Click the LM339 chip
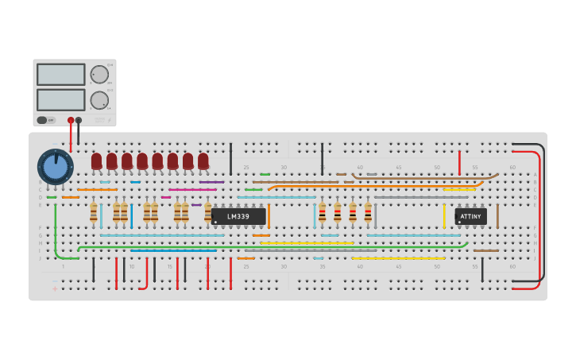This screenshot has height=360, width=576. pyautogui.click(x=238, y=216)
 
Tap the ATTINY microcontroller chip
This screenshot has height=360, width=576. pyautogui.click(x=470, y=215)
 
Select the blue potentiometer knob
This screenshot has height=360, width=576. pyautogui.click(x=55, y=167)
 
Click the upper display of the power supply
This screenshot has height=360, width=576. pyautogui.click(x=60, y=75)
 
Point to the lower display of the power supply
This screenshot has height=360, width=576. pyautogui.click(x=60, y=99)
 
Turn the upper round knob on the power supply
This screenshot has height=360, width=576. pyautogui.click(x=99, y=75)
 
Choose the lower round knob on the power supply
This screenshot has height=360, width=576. pyautogui.click(x=99, y=100)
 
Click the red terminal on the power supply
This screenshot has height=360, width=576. pyautogui.click(x=71, y=120)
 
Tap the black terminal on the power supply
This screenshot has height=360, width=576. pyautogui.click(x=79, y=120)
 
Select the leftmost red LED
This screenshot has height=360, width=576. pyautogui.click(x=97, y=161)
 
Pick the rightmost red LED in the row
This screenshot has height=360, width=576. pyautogui.click(x=203, y=161)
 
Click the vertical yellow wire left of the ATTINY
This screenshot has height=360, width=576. pyautogui.click(x=444, y=215)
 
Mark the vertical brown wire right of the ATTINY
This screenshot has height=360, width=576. pyautogui.click(x=497, y=215)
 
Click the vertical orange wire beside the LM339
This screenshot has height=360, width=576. pyautogui.click(x=269, y=215)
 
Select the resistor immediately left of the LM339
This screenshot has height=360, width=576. pyautogui.click(x=208, y=212)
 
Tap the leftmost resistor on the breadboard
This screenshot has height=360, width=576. pyautogui.click(x=94, y=212)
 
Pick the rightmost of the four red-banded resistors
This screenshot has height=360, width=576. pyautogui.click(x=368, y=212)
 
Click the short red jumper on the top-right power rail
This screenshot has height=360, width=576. pyautogui.click(x=459, y=162)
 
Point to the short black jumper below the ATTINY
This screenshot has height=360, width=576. pyautogui.click(x=482, y=269)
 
